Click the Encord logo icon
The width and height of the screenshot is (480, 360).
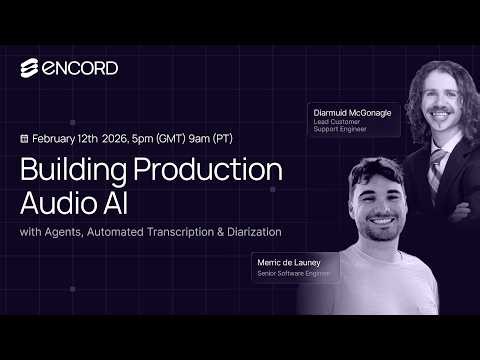click(x=30, y=68)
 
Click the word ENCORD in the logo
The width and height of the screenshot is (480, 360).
click(x=80, y=68)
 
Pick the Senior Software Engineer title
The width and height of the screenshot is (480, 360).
click(x=292, y=273)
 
